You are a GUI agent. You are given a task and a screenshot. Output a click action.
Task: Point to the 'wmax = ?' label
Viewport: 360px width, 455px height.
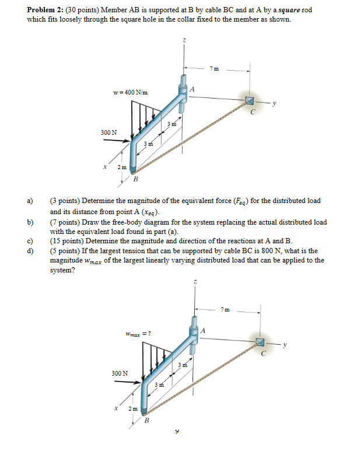pos(138,333)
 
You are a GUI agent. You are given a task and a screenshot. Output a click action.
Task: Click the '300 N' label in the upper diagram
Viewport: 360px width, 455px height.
pos(108,132)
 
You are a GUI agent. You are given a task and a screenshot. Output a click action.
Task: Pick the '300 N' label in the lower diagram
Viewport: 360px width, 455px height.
pos(120,372)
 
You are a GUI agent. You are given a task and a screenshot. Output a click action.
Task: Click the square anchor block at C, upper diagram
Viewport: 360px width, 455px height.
pos(250,101)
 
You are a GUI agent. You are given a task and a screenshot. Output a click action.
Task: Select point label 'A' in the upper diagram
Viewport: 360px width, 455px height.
pos(193,89)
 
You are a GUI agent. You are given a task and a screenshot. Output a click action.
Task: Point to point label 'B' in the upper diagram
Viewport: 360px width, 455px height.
pos(136,179)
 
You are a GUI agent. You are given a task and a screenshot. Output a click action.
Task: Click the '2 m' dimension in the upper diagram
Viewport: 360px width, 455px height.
pos(121,167)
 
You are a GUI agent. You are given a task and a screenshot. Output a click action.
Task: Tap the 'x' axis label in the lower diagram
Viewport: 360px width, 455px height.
pos(116,408)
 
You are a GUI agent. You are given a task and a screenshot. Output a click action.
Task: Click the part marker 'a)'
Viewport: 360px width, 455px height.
pos(29,201)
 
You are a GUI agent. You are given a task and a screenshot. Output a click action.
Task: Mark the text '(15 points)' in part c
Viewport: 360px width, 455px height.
pos(67,242)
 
